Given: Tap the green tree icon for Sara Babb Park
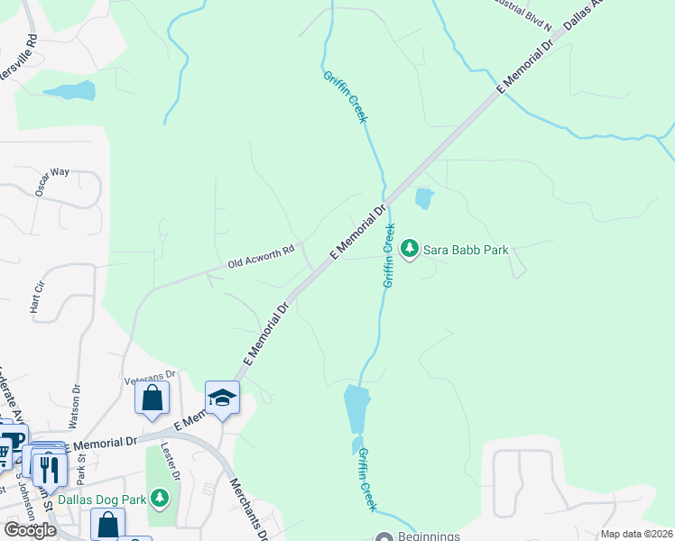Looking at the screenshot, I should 409,248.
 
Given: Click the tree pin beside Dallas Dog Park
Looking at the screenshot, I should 159,497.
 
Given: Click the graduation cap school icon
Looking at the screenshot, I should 222,398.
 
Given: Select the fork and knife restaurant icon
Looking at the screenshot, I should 50,468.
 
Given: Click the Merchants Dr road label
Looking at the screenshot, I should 250,509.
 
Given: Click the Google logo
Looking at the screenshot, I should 30,529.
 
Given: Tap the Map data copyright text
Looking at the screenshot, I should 636,534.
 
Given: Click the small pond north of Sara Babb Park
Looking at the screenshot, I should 422,197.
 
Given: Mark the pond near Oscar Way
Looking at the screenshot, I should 69,90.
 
